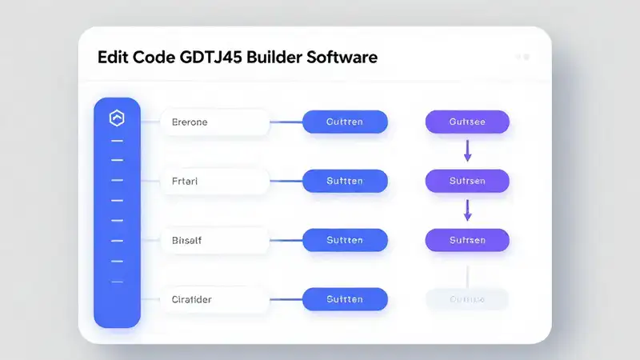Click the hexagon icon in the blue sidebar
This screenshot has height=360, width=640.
click(x=117, y=118)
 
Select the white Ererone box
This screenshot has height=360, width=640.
click(x=214, y=122)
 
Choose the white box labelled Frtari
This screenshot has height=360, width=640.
click(x=214, y=182)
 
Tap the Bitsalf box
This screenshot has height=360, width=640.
click(x=214, y=240)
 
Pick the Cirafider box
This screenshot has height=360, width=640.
click(x=214, y=299)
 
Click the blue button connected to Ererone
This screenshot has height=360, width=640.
click(x=345, y=122)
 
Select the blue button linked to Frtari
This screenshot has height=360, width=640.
click(x=345, y=182)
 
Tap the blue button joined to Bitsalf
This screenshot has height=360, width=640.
click(x=345, y=240)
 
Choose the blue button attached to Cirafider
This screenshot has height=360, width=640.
click(x=345, y=299)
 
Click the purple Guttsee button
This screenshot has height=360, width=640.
click(x=467, y=122)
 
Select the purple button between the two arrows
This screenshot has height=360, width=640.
click(x=467, y=182)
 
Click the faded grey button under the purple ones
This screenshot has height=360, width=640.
click(x=467, y=299)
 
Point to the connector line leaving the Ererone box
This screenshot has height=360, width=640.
click(x=286, y=122)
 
